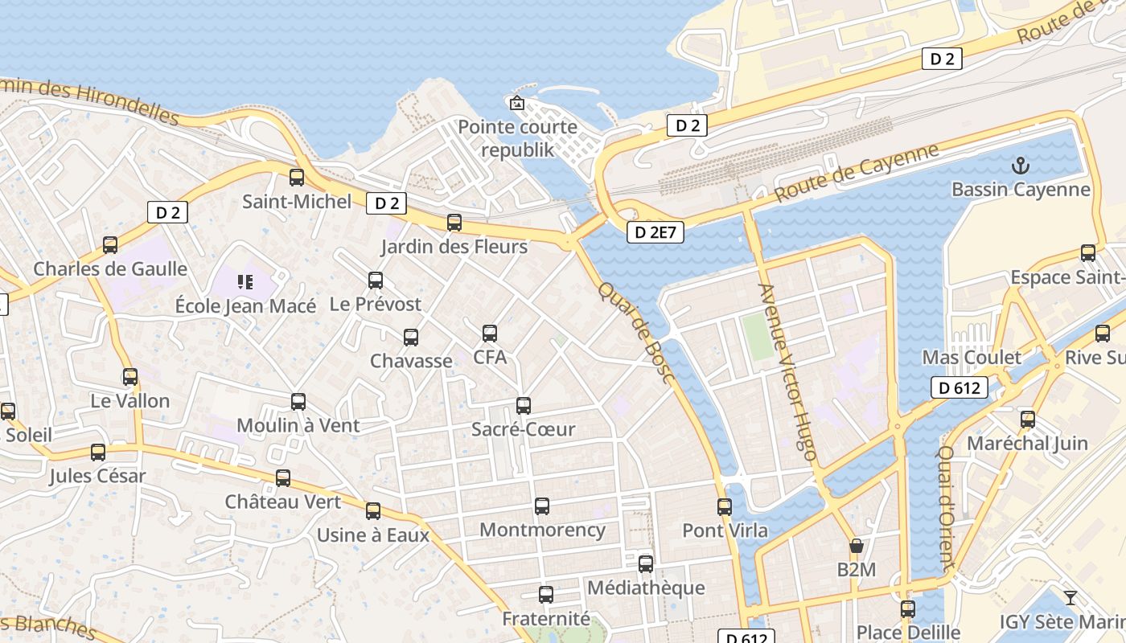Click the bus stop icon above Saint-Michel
[x=297, y=178]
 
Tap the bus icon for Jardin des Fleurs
[x=454, y=223]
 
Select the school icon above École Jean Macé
[x=245, y=282]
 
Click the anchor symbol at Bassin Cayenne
[x=1020, y=166]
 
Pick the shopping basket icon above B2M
[x=857, y=547]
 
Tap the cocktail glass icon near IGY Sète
[x=1070, y=597]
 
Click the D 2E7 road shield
[x=655, y=232]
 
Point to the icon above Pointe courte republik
[x=516, y=103]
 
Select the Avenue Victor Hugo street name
[x=787, y=371]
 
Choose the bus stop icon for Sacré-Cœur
[x=524, y=406]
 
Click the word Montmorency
[x=542, y=530]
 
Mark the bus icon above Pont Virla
[x=725, y=507]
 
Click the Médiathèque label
[x=646, y=588]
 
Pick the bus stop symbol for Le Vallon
[x=130, y=377]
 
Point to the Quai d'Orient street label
[x=947, y=508]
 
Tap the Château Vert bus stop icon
[x=283, y=478]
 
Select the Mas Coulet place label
[x=972, y=357]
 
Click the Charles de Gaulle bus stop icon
[x=110, y=245]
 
